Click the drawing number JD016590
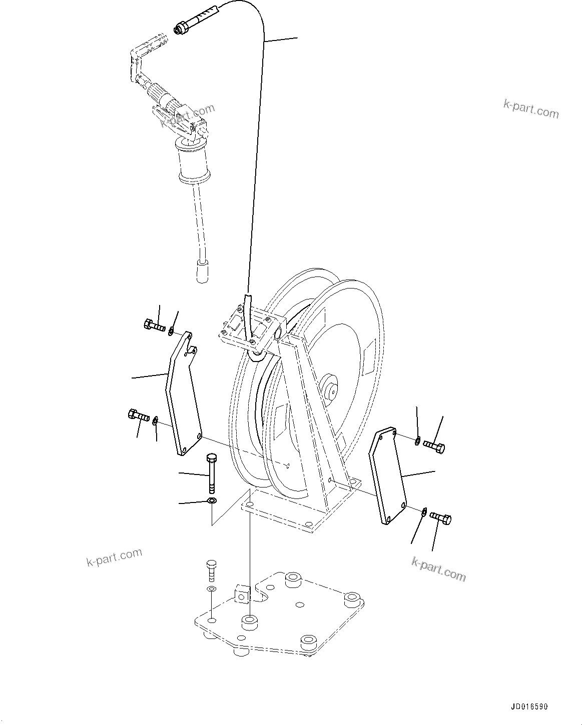[529, 707]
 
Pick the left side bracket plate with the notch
[183, 395]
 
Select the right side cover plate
[388, 475]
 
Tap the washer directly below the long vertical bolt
[212, 501]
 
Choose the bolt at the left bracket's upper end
[154, 326]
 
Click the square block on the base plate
[243, 595]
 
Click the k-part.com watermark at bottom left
[114, 556]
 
